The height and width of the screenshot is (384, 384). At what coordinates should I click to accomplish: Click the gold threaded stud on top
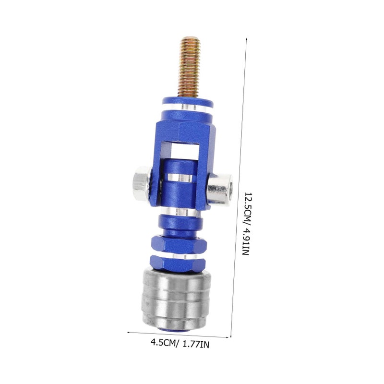(x=189, y=67)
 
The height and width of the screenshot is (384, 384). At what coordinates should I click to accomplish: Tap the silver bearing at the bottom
(x=176, y=299)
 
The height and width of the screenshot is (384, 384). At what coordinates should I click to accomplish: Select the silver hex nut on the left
(x=142, y=183)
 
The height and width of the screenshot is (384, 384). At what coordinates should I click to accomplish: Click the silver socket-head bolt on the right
(x=220, y=189)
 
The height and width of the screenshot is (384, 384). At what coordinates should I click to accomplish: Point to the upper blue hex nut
(x=179, y=244)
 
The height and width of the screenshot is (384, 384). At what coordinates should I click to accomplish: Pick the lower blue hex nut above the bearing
(x=178, y=264)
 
